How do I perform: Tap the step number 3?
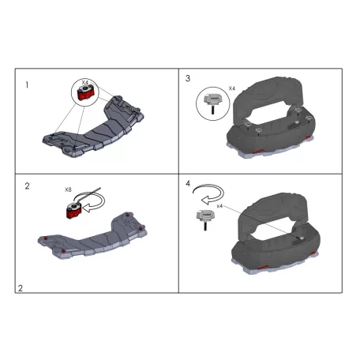coord(188,80)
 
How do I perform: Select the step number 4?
coord(188,184)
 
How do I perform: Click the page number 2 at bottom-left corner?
coord(21,287)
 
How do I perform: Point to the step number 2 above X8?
coord(28,187)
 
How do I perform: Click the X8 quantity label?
coord(69,190)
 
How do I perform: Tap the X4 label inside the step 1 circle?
coord(84,82)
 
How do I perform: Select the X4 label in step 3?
coord(231,87)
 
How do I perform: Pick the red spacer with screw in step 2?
coord(73,209)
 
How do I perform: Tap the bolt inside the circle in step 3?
coord(211,100)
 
